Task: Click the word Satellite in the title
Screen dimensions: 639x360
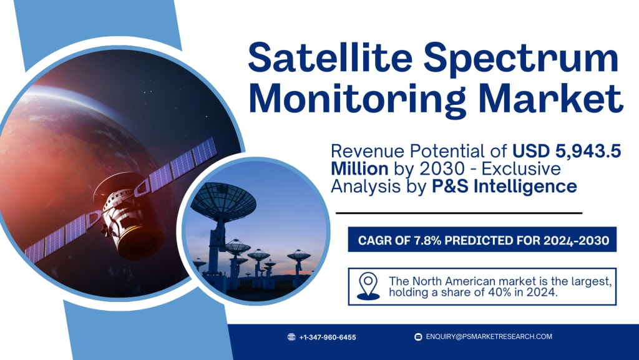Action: [x=330, y=58]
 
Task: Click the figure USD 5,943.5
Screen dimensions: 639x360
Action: [x=567, y=152]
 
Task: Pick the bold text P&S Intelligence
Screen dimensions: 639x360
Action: [x=504, y=187]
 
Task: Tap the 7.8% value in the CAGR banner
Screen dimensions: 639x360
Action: [x=427, y=240]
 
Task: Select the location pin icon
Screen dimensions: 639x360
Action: [x=368, y=286]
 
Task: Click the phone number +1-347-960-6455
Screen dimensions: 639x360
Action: [x=327, y=337]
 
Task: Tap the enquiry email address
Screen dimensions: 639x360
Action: [x=489, y=337]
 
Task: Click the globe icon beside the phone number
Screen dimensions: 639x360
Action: [x=291, y=337]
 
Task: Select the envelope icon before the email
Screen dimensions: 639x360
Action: [x=417, y=337]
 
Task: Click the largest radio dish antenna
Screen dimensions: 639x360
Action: [x=223, y=200]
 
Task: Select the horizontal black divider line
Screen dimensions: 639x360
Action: [x=459, y=213]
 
